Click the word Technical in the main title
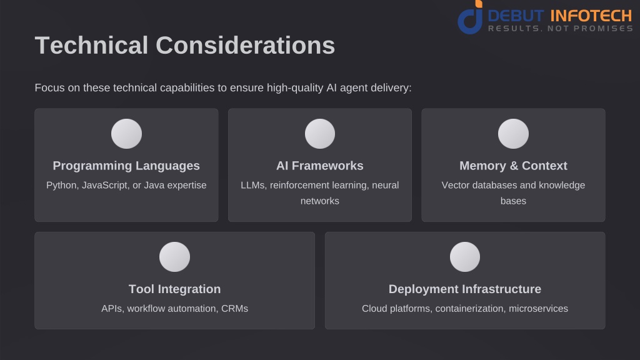coord(91,45)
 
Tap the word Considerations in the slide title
coord(245,45)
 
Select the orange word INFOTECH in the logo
coord(591,16)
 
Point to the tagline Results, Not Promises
coord(561,29)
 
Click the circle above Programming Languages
coord(126,134)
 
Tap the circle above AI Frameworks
coord(320,134)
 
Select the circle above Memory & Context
coord(514,134)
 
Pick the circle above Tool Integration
coord(175,257)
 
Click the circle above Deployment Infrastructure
coord(465,257)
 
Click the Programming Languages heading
coord(126,166)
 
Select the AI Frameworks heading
coord(319,166)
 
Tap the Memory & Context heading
coord(514,166)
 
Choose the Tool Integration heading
coord(175,289)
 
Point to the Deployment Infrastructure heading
coord(465,289)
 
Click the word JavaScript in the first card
coord(105,185)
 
